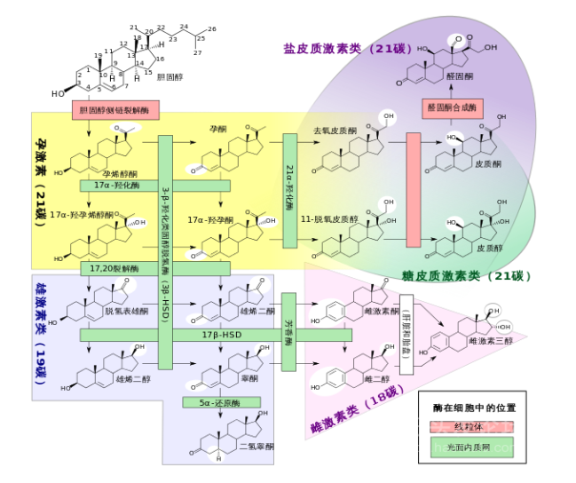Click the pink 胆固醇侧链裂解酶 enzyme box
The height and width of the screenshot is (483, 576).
click(115, 110)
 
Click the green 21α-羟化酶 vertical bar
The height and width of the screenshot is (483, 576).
click(290, 191)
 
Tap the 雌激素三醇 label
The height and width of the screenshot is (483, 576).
click(490, 341)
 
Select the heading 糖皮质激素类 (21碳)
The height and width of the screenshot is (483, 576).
click(465, 276)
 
